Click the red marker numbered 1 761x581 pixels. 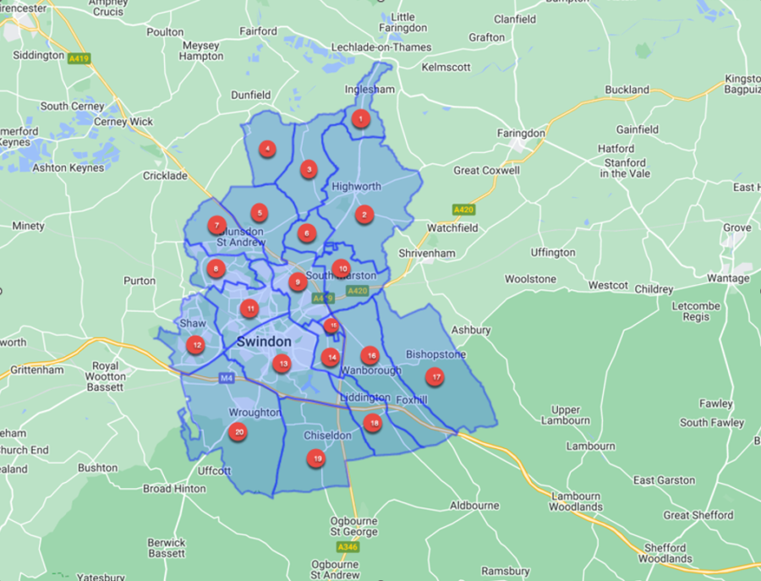pyautogui.click(x=361, y=119)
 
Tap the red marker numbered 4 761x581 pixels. pyautogui.click(x=267, y=150)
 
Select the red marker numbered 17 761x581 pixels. pyautogui.click(x=435, y=376)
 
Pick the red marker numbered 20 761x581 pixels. pyautogui.click(x=238, y=432)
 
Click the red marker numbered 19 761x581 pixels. pyautogui.click(x=317, y=458)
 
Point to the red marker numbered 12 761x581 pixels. pyautogui.click(x=196, y=344)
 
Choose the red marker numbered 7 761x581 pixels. pyautogui.click(x=217, y=226)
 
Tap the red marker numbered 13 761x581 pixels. pyautogui.click(x=282, y=364)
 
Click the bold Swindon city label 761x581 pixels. pyautogui.click(x=264, y=342)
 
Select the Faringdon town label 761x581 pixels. pyautogui.click(x=520, y=133)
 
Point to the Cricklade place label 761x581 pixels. pyautogui.click(x=165, y=175)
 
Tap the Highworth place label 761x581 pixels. pyautogui.click(x=356, y=186)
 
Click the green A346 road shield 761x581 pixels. pyautogui.click(x=348, y=547)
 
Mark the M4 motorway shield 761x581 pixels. pyautogui.click(x=225, y=377)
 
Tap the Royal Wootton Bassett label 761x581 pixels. pyautogui.click(x=106, y=376)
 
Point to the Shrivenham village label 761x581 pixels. pyautogui.click(x=429, y=253)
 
